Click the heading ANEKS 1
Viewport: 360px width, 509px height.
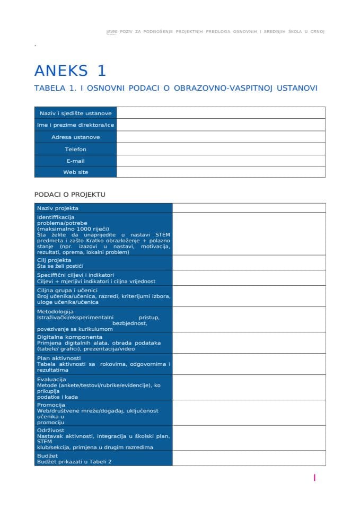click(70, 71)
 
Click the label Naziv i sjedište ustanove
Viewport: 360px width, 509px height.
click(75, 113)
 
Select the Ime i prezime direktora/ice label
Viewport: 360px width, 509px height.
click(75, 125)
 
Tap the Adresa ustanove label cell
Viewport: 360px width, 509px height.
click(75, 137)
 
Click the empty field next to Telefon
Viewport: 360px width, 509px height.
click(221, 149)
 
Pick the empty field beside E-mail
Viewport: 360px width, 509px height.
click(221, 161)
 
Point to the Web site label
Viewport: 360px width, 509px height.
click(75, 172)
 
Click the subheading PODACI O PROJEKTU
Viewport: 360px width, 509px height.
click(70, 194)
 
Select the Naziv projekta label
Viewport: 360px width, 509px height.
click(58, 208)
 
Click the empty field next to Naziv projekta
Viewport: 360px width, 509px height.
click(249, 208)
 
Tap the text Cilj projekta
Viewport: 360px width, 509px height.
click(54, 260)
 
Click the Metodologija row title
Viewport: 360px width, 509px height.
click(55, 311)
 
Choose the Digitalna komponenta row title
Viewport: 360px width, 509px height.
click(69, 337)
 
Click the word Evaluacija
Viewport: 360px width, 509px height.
click(51, 380)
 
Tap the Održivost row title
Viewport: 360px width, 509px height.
click(50, 430)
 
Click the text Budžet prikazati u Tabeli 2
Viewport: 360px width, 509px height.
click(74, 461)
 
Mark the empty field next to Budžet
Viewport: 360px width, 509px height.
click(249, 459)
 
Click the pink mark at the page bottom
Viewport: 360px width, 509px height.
click(314, 478)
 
